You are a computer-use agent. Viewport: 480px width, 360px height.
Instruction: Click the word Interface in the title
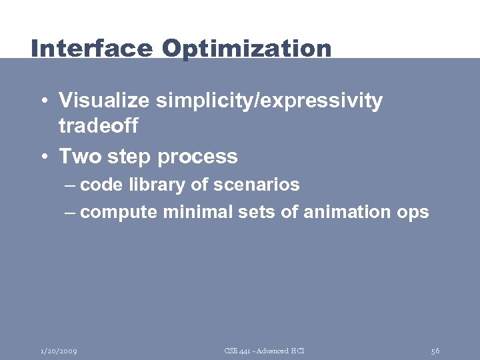[92, 49]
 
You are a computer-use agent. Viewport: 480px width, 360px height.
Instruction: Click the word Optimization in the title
[246, 49]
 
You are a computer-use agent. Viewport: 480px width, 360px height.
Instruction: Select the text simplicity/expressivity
[269, 101]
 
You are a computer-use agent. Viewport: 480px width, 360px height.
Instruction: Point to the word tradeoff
[98, 125]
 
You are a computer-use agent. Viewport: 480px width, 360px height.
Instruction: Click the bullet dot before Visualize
[43, 101]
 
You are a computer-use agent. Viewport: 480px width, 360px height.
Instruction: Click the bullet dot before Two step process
[43, 157]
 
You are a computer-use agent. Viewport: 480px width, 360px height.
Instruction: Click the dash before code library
[71, 185]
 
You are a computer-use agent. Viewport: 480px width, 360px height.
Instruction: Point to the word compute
[119, 213]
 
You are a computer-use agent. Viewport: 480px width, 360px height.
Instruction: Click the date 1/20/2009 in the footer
[58, 351]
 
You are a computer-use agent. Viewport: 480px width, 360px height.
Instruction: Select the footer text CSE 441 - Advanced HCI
[264, 351]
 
